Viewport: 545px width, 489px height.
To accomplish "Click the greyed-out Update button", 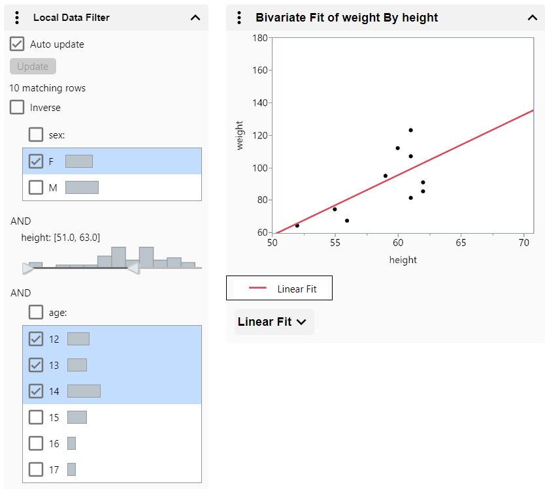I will pyautogui.click(x=33, y=67).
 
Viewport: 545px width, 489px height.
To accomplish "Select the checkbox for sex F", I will pyautogui.click(x=37, y=161).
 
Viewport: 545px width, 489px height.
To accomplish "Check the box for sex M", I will pyautogui.click(x=37, y=187).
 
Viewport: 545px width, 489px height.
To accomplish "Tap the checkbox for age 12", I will pyautogui.click(x=37, y=339).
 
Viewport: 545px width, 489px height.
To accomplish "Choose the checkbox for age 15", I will pyautogui.click(x=37, y=417).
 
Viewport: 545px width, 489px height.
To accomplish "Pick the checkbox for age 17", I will pyautogui.click(x=37, y=469).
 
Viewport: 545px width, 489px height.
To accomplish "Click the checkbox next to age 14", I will pyautogui.click(x=37, y=391).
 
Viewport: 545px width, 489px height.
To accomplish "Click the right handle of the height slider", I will pyautogui.click(x=133, y=268).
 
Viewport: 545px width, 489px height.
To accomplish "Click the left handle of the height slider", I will pyautogui.click(x=27, y=268).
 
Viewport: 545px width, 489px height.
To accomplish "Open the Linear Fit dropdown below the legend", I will pyautogui.click(x=274, y=322).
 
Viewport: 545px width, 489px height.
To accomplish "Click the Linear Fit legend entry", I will pyautogui.click(x=280, y=289).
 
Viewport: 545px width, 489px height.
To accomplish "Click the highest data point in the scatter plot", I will pyautogui.click(x=410, y=130).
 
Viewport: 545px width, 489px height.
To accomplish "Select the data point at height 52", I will pyautogui.click(x=297, y=225).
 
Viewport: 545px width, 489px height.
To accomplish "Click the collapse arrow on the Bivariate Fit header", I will pyautogui.click(x=532, y=18).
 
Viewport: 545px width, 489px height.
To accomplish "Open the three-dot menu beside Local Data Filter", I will pyautogui.click(x=18, y=18).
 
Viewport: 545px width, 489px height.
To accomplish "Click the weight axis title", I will pyautogui.click(x=240, y=135).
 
